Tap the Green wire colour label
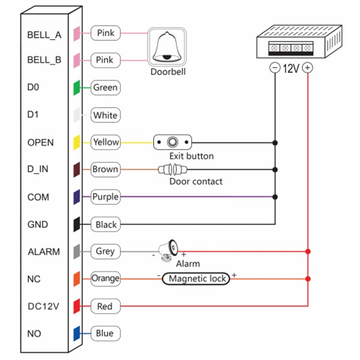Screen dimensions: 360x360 (105, 88)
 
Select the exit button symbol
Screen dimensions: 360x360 (173, 143)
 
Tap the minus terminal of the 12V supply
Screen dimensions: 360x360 (275, 68)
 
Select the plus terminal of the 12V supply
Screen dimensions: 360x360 (308, 68)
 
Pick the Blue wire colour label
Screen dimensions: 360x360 (105, 333)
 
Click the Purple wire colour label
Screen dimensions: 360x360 (105, 197)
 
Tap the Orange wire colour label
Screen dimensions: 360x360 (105, 278)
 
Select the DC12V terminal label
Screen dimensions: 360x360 (44, 306)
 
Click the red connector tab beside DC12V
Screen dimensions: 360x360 (77, 306)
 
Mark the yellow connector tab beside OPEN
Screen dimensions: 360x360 (77, 142)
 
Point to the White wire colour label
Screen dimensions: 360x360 (105, 115)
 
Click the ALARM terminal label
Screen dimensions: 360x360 (44, 251)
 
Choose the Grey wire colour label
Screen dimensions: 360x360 (105, 251)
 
